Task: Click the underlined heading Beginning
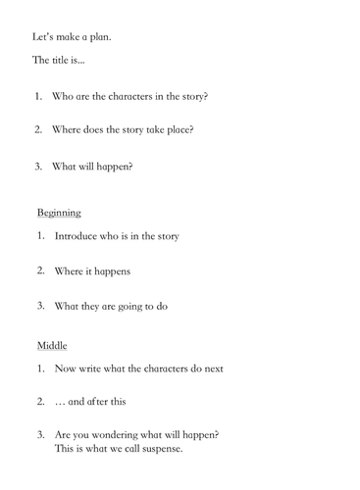coord(59,212)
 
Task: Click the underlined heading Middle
coord(51,345)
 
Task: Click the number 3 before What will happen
coord(37,166)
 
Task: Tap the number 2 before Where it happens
coord(41,269)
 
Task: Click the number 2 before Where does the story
coord(37,129)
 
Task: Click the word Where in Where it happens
coord(71,269)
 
